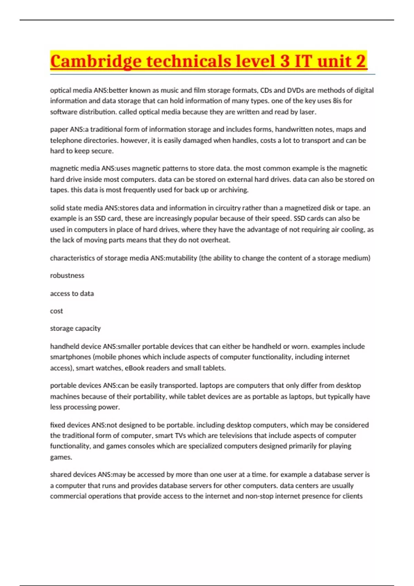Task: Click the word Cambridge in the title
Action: tap(96, 61)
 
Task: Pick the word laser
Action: tap(308, 112)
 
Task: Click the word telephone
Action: tap(66, 140)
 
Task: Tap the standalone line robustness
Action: tap(67, 275)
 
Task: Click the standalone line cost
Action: tap(56, 311)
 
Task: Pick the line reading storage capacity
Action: tap(75, 329)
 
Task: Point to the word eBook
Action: tap(135, 368)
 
